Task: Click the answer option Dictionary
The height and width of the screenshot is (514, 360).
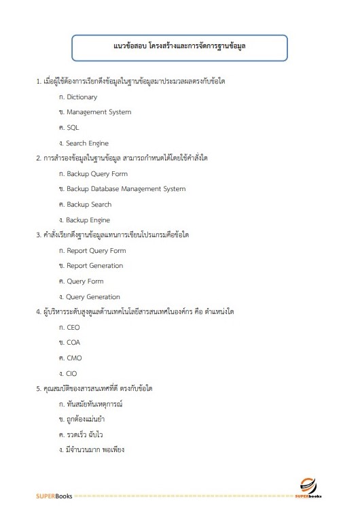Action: (82, 97)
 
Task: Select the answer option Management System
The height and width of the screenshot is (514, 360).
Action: (98, 112)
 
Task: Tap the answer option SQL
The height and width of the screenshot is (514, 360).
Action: (73, 128)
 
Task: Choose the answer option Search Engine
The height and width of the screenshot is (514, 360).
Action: (87, 143)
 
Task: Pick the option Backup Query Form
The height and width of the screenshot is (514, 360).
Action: (96, 174)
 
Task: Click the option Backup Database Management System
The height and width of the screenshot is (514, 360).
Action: (126, 189)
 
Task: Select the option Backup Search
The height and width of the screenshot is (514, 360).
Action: (89, 205)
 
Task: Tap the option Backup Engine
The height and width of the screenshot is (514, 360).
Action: (88, 220)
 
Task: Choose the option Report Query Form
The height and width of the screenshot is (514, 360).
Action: (96, 251)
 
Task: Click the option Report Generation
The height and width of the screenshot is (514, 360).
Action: (94, 266)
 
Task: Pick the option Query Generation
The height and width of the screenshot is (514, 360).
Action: (93, 297)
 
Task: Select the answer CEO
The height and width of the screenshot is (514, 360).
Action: (73, 328)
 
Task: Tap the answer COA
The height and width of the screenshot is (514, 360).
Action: (73, 343)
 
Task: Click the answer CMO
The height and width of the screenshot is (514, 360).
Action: (74, 358)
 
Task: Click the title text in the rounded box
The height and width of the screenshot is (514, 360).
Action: (179, 48)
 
